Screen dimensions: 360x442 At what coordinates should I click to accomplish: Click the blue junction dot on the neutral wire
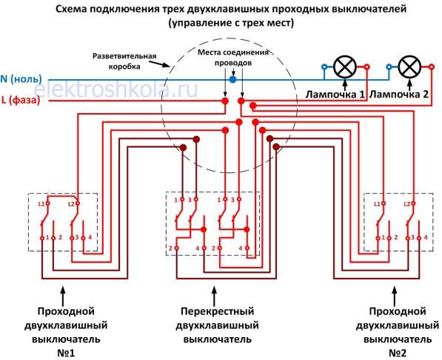point(232,78)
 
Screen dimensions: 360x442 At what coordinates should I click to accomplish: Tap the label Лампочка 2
point(400,95)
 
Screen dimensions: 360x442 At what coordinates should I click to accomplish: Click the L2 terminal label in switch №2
point(406,203)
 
